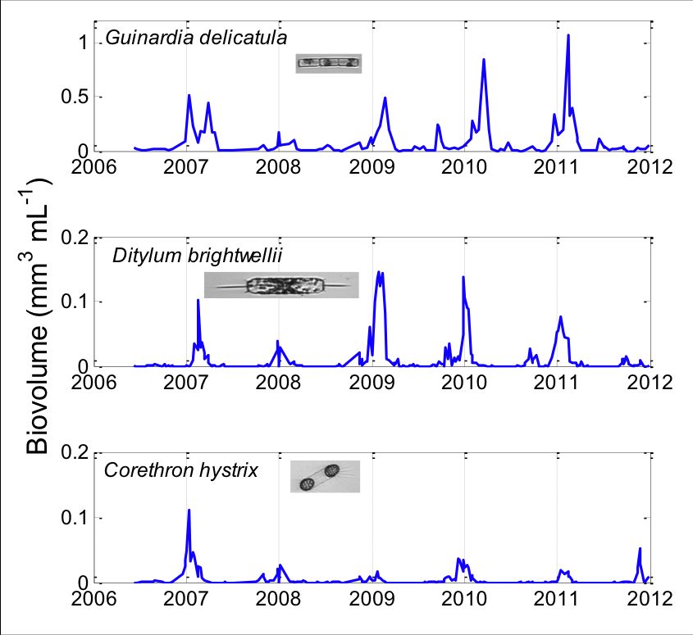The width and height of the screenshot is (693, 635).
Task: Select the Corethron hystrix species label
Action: [x=181, y=470]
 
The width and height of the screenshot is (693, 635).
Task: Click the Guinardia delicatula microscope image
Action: [x=328, y=62]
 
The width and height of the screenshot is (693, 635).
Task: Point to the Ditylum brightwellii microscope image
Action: [x=281, y=285]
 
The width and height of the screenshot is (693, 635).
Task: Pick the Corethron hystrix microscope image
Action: [x=325, y=476]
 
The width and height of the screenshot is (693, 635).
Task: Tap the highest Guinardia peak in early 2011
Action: [x=568, y=35]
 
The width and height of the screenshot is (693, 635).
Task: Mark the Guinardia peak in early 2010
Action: [x=484, y=60]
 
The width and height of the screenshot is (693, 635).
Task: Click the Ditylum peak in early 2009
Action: [x=378, y=272]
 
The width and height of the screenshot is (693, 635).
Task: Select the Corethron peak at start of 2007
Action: [x=189, y=510]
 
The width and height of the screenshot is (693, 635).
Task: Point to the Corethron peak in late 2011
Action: [x=640, y=548]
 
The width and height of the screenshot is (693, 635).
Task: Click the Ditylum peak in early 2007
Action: [x=198, y=300]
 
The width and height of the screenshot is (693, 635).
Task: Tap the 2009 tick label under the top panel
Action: [x=372, y=166]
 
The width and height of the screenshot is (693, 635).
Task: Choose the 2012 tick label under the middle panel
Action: [x=650, y=382]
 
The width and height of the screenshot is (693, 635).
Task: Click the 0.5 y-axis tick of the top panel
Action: [x=75, y=97]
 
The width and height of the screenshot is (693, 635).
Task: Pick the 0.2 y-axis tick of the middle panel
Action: [x=75, y=238]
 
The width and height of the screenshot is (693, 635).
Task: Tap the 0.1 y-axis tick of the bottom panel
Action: [x=75, y=518]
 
